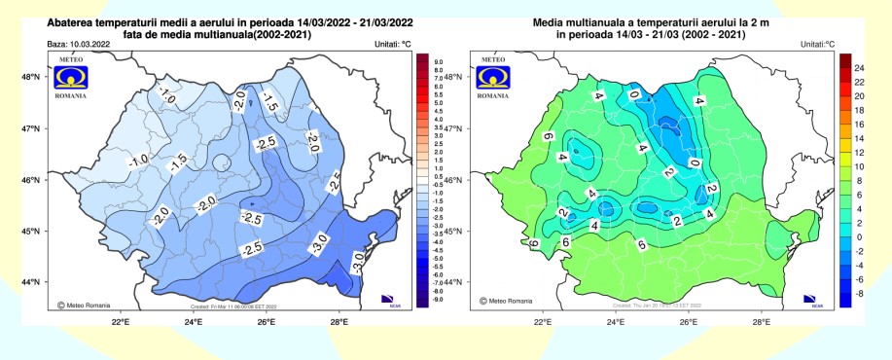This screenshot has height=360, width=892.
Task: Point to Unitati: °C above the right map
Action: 819,45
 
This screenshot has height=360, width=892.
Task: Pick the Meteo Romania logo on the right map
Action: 496,76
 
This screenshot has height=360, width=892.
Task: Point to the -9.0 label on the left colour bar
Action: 438,301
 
